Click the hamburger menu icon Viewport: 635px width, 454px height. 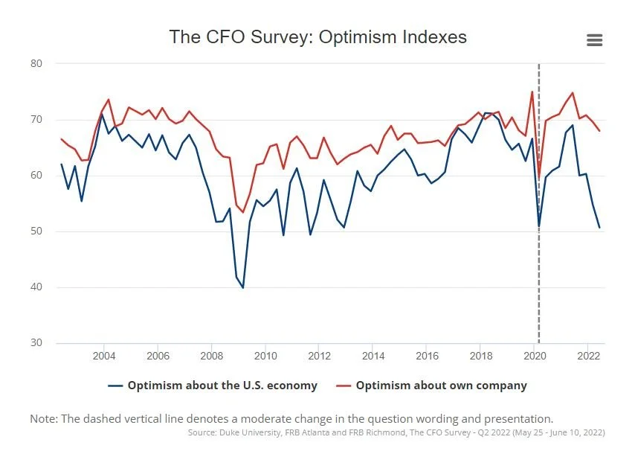point(594,40)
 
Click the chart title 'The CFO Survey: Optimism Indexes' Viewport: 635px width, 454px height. point(317,36)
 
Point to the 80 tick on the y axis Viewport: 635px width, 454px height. point(36,64)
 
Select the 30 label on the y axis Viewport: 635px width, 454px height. point(36,343)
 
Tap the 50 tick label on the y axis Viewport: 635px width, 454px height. point(36,231)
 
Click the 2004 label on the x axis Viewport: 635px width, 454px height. point(104,355)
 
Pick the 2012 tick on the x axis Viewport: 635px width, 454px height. point(319,355)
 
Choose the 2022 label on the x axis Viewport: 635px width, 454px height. point(588,355)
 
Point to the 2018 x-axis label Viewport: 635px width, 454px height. point(480,355)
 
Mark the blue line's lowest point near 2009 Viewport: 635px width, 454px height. point(242,287)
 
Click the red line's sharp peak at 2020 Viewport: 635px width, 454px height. point(532,92)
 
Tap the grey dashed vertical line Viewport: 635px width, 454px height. point(538,298)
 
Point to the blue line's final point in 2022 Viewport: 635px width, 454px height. point(599,227)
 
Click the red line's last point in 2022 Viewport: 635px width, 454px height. point(599,131)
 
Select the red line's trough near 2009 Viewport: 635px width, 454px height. point(242,212)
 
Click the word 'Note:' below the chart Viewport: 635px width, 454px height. point(45,418)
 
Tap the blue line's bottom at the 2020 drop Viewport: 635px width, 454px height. point(539,226)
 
